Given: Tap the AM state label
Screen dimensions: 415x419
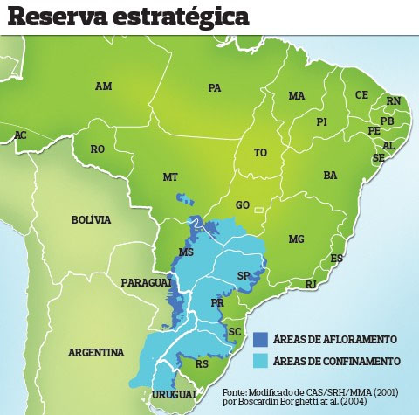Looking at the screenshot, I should point(104,86).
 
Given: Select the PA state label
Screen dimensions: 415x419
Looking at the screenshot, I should point(215,88).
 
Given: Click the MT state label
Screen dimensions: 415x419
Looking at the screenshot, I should point(170,177).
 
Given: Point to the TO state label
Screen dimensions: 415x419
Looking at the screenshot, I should point(260,152).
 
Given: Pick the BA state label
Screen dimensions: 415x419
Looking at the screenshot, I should point(330,176).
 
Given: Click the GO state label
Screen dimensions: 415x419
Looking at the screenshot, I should point(243,205).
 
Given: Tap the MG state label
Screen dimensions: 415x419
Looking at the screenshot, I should point(297,239).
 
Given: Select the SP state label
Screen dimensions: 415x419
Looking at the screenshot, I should point(244,275).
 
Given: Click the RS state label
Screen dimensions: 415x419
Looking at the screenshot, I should point(202,364).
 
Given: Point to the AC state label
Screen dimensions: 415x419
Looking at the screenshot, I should point(20,135).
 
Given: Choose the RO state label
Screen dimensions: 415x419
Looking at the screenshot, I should point(98,149).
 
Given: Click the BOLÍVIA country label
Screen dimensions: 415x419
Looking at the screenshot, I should point(92,220).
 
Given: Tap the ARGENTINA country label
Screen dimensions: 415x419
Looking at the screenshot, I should point(96,353).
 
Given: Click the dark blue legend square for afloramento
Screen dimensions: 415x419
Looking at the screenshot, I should point(261,338).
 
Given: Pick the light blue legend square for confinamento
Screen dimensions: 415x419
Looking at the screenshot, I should point(261,360).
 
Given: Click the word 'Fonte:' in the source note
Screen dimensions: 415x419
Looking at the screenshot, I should point(237,392).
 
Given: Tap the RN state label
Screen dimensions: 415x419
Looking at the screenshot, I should point(394,101).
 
